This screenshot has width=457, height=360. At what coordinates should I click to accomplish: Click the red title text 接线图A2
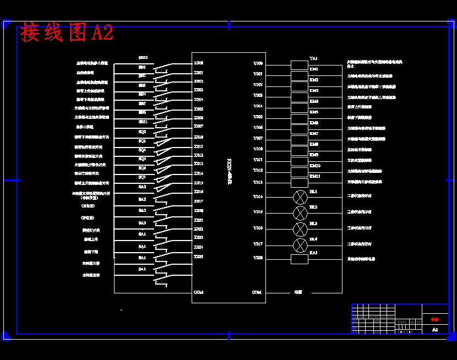pyautogui.click(x=67, y=32)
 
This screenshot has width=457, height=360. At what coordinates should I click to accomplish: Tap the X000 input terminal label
pyautogui.click(x=198, y=63)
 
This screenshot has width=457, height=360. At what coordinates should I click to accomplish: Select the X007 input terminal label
pyautogui.click(x=198, y=127)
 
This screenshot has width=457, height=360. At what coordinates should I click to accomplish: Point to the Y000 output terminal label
pyautogui.click(x=258, y=64)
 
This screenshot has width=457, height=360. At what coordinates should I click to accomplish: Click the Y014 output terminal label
pyautogui.click(x=258, y=197)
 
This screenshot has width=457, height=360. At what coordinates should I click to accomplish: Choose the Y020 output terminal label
pyautogui.click(x=258, y=258)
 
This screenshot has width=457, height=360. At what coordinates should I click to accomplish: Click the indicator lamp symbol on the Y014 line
pyautogui.click(x=300, y=197)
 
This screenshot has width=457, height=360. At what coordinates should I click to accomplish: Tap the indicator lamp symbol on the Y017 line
pyautogui.click(x=300, y=244)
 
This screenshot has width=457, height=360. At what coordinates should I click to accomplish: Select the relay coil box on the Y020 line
pyautogui.click(x=299, y=259)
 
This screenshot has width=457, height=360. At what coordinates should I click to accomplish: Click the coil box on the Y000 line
pyautogui.click(x=299, y=65)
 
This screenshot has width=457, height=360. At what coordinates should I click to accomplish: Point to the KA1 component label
pyautogui.click(x=313, y=253)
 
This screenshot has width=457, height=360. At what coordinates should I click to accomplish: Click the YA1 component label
pyautogui.click(x=313, y=58)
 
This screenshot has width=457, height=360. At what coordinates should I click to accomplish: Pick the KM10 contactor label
pyautogui.click(x=315, y=166)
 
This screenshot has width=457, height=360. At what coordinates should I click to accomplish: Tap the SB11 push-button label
pyautogui.click(x=143, y=122)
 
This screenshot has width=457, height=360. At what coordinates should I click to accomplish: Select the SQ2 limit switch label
pyautogui.click(x=142, y=132)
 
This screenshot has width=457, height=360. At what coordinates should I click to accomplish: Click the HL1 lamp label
pyautogui.click(x=313, y=192)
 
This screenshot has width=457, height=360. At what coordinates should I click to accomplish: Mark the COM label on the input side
pyautogui.click(x=198, y=292)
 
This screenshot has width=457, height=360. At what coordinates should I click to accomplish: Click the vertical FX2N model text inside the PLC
pyautogui.click(x=229, y=171)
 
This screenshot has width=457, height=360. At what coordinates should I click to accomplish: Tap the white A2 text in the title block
pyautogui.click(x=435, y=329)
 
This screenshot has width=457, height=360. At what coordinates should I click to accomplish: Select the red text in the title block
pyautogui.click(x=434, y=319)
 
